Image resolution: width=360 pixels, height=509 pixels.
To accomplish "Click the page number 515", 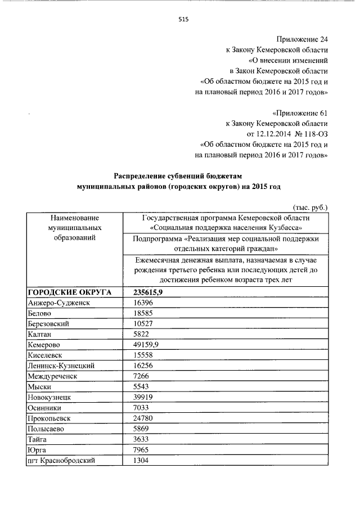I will tap(183, 19).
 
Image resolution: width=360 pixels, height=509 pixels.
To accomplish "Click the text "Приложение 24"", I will tap(301, 39).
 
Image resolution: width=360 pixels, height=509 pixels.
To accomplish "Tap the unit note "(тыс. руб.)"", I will tap(310, 207).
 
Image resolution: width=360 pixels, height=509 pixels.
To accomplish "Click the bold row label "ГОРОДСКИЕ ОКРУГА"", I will tap(69, 292).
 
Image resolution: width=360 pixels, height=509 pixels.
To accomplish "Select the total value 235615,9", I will tap(149, 292).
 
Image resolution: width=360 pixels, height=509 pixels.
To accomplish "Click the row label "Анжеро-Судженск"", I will tap(59, 303).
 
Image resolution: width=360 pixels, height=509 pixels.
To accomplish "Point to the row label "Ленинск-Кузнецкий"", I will tap(61, 366).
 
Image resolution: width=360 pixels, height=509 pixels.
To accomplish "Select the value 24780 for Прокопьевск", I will tap(143, 418).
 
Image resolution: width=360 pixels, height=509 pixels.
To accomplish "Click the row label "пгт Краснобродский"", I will tap(61, 460).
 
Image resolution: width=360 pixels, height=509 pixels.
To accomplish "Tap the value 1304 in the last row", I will tap(141, 460).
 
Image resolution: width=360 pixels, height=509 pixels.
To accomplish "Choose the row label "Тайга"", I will tap(37, 439).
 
